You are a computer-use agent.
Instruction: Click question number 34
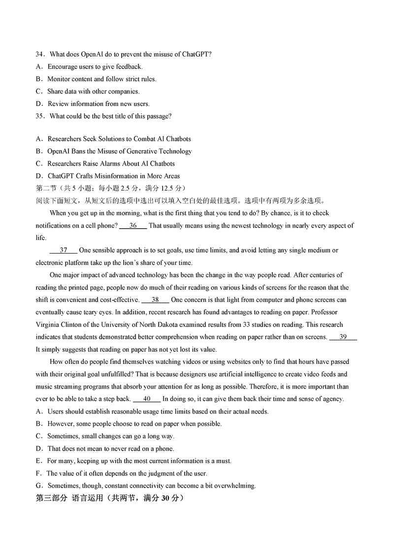pos(40,54)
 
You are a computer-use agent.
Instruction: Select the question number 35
pos(40,116)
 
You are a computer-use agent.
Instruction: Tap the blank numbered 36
pos(133,226)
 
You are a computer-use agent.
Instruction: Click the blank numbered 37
pos(64,250)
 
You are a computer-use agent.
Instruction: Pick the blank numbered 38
pos(155,300)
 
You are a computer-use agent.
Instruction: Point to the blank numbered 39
pos(343,337)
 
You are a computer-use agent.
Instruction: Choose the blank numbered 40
pos(147,399)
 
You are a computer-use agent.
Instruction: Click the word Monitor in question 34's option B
pos(59,79)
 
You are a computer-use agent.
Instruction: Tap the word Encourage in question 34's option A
pos(63,66)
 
